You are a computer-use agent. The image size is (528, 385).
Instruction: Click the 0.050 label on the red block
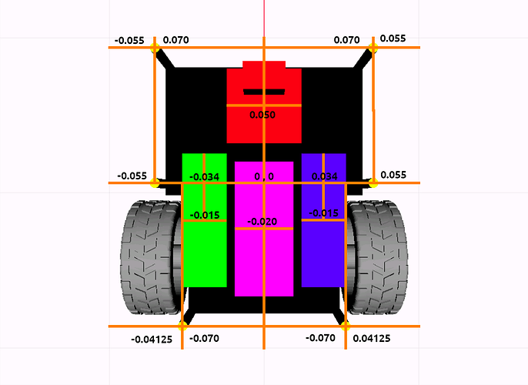(x=262, y=115)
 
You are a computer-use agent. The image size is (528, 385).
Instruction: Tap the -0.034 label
(x=205, y=177)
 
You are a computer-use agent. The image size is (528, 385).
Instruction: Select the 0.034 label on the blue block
(x=325, y=176)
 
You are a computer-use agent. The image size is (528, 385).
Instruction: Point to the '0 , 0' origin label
(x=264, y=176)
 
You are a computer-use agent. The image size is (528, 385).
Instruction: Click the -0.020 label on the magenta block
(x=262, y=222)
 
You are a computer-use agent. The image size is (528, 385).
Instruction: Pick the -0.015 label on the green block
(x=205, y=216)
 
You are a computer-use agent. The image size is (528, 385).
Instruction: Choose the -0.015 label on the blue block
(x=323, y=213)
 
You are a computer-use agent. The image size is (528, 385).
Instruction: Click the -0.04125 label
(x=152, y=340)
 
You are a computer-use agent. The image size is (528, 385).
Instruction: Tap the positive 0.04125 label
(x=372, y=338)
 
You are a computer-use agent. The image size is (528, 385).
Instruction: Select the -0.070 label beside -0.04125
(x=205, y=338)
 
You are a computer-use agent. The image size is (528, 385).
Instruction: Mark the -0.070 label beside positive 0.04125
(x=320, y=338)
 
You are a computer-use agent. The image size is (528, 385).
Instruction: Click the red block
(x=264, y=102)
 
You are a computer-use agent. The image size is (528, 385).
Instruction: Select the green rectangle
(x=205, y=220)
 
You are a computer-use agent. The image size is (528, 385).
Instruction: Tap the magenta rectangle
(x=264, y=229)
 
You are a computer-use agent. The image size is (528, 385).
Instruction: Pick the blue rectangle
(x=323, y=220)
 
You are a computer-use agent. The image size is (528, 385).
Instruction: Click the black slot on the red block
(x=264, y=92)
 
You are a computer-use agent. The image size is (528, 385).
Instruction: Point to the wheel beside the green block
(x=152, y=258)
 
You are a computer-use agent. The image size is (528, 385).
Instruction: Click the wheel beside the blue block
(x=376, y=258)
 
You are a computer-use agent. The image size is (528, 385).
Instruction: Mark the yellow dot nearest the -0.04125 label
(x=182, y=326)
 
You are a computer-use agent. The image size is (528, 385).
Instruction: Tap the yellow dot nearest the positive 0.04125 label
(x=346, y=326)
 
